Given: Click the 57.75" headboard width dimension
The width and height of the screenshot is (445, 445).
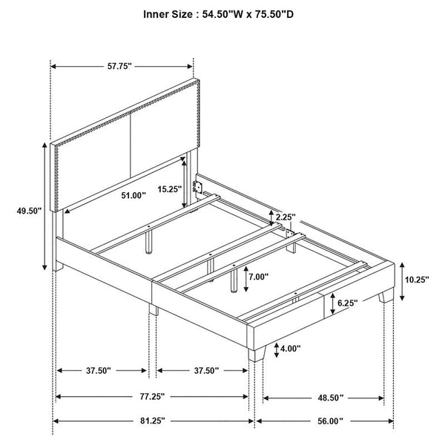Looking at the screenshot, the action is (119, 67).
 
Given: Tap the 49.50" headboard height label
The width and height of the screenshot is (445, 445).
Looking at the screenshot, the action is (29, 211).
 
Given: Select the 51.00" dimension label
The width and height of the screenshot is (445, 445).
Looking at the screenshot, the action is (133, 195).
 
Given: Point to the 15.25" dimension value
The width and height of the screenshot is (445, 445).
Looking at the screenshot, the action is (169, 189).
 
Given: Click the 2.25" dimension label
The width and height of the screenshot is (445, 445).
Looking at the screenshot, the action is (286, 217).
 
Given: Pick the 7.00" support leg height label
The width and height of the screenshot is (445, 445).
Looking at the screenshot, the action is (259, 277).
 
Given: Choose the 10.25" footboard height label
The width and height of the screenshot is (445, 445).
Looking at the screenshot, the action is (417, 280).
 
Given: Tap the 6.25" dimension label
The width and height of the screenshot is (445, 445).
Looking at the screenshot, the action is (347, 303).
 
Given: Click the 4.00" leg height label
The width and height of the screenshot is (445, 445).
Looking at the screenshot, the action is (290, 349).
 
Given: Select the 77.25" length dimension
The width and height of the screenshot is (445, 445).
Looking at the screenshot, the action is (152, 397).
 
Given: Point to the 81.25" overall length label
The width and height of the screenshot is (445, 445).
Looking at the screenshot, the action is (152, 421).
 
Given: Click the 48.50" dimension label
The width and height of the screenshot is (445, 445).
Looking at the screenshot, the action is (330, 398).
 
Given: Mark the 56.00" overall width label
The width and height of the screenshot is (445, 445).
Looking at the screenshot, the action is (330, 421).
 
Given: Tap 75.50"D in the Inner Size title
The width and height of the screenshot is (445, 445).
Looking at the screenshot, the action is (273, 14).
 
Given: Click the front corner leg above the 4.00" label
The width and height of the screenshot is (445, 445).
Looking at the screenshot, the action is (257, 354).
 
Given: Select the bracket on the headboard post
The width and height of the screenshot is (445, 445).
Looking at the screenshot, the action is (198, 188).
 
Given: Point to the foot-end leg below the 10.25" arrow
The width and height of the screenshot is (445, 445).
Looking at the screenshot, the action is (386, 296).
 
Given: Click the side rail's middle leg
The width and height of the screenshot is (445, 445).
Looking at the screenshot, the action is (154, 309).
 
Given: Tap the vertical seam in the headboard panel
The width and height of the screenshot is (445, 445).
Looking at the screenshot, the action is (131, 145).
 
